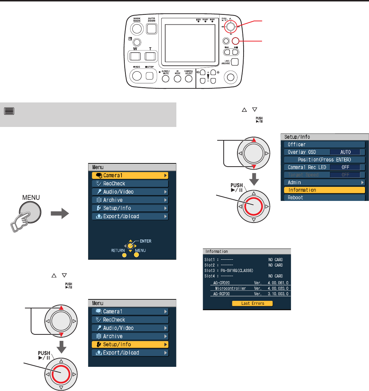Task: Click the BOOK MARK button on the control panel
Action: click(x=137, y=28)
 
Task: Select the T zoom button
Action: click(x=150, y=56)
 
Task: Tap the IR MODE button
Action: click(x=177, y=79)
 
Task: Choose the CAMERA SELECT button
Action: click(x=188, y=79)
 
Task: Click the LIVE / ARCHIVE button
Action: click(x=235, y=61)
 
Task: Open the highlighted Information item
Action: click(x=324, y=190)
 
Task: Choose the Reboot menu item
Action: click(x=324, y=198)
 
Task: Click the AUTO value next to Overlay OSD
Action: click(x=345, y=152)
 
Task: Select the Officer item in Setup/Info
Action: click(x=324, y=144)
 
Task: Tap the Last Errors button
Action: click(x=252, y=303)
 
